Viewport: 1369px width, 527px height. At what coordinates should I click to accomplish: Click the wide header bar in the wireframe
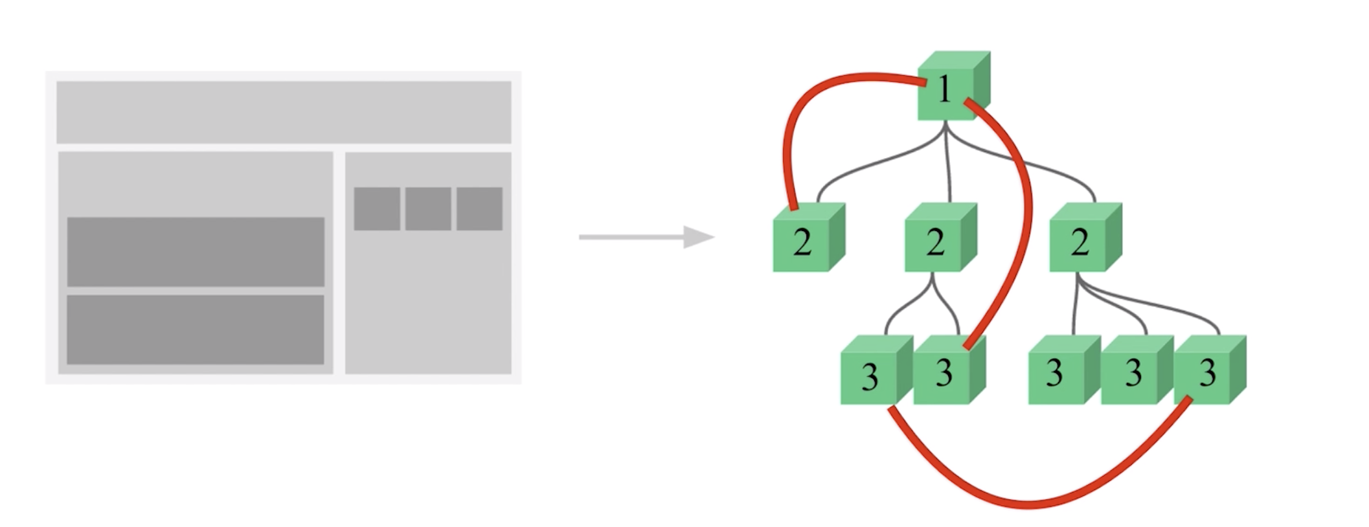(284, 112)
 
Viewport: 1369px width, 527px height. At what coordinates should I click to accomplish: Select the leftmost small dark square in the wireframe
(377, 208)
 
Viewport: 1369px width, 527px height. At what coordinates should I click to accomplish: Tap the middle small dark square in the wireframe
(428, 208)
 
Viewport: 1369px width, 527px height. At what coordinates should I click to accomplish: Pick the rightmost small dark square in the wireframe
(480, 208)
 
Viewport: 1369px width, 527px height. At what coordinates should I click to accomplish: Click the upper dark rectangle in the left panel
(196, 251)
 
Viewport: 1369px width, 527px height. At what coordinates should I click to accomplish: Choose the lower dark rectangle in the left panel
(196, 330)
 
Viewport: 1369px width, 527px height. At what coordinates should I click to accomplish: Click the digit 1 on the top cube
(945, 89)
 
